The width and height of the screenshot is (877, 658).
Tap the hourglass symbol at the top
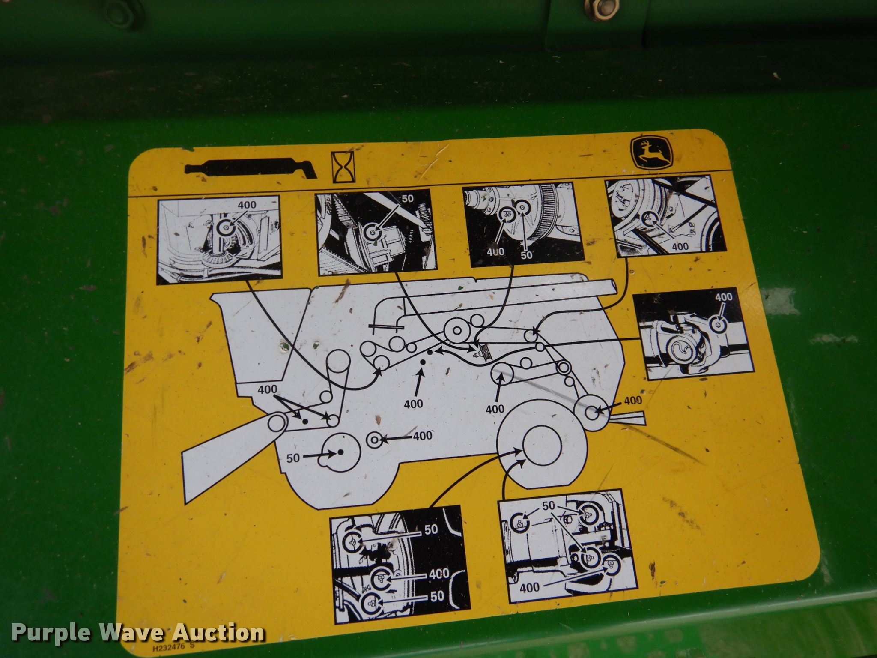click(341, 168)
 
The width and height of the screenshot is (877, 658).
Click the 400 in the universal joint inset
click(724, 297)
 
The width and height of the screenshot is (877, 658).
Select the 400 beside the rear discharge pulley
click(633, 400)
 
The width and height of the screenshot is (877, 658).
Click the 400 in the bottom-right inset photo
click(530, 587)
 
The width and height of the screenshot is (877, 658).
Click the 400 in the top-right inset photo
click(680, 246)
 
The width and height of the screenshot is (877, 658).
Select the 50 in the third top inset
click(526, 254)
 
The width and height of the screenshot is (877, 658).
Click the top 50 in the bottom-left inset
click(431, 530)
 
